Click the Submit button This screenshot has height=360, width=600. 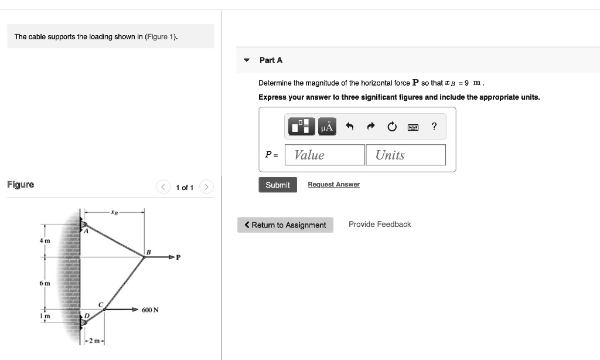[x=277, y=185]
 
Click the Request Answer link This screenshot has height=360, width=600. [x=333, y=185]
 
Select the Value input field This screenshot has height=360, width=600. [x=325, y=155]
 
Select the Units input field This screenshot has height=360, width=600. [x=405, y=155]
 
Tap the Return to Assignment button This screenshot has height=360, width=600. [x=285, y=225]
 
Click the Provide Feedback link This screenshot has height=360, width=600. [x=380, y=225]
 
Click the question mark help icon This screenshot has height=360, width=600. [x=434, y=126]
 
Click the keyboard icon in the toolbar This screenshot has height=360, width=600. [x=412, y=127]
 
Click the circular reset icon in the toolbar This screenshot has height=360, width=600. [x=391, y=127]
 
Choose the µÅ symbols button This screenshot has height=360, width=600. [x=327, y=126]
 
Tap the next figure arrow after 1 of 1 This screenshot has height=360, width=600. [x=206, y=187]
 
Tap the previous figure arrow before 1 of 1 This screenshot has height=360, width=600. [x=163, y=187]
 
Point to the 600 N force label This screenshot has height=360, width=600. [x=150, y=310]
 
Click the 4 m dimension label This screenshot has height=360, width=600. [x=45, y=241]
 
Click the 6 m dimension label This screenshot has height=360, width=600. [x=45, y=283]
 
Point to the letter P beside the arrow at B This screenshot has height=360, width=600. [x=178, y=257]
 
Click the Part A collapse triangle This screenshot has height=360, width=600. [x=247, y=60]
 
